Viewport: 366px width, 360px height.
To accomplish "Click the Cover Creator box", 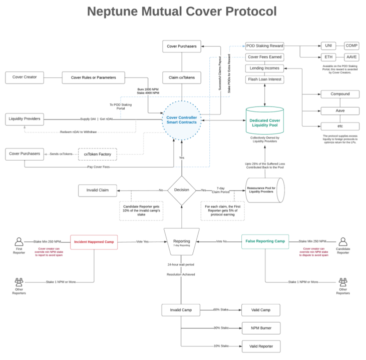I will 24,77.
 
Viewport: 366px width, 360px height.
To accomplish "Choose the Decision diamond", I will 181,190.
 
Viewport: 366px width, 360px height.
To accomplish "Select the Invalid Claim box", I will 98,190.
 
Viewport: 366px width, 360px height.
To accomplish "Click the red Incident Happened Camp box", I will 94,241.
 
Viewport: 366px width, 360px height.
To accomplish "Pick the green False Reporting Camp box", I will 265,241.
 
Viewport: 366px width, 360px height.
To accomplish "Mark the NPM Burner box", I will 260,328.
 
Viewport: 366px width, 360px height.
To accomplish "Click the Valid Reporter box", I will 260,346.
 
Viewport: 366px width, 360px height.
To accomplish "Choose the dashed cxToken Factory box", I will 97,154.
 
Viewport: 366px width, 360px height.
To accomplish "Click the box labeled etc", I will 340,126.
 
